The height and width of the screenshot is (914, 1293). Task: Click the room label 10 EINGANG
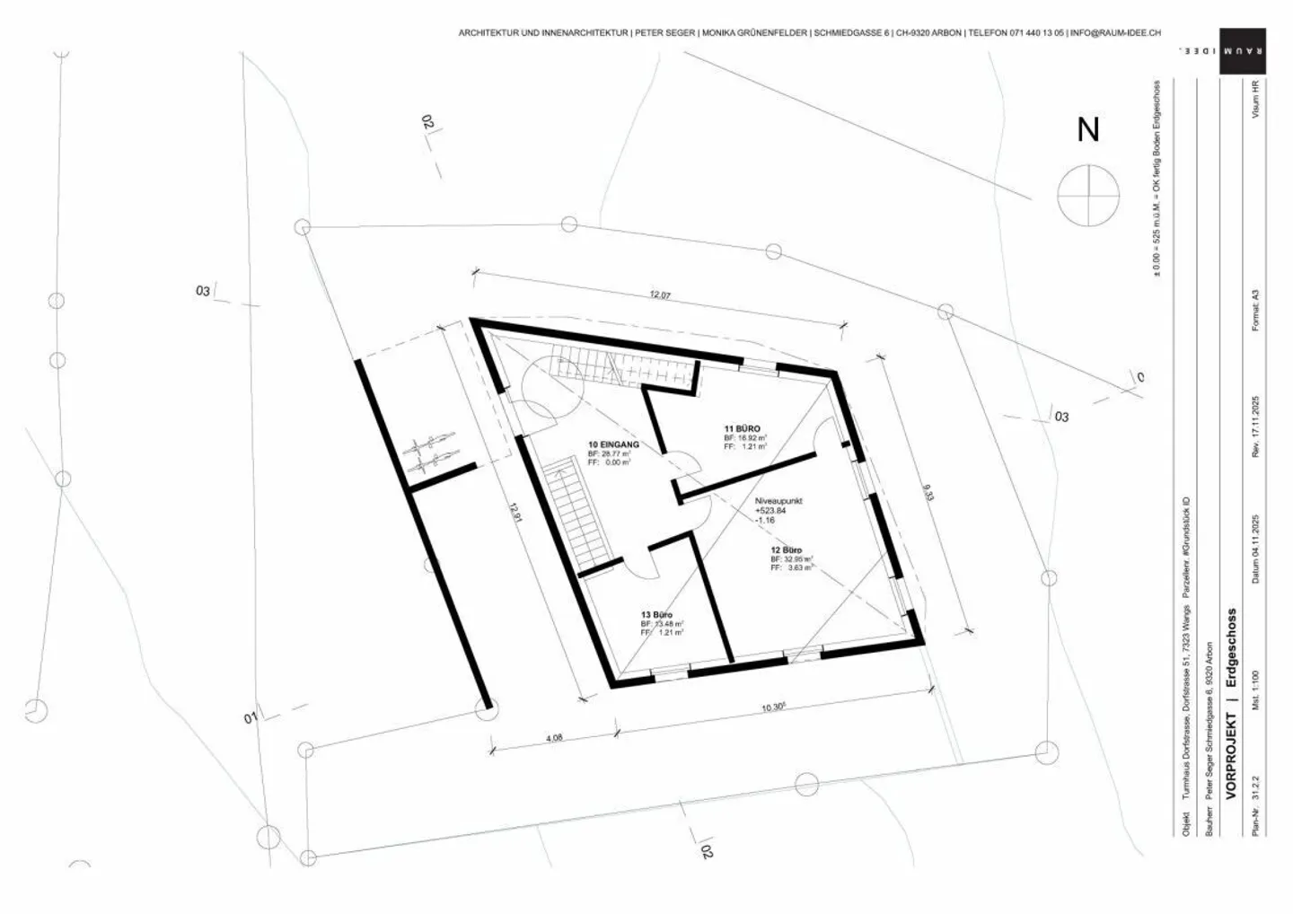pyautogui.click(x=613, y=444)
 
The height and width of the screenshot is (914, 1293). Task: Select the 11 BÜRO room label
pyautogui.click(x=743, y=428)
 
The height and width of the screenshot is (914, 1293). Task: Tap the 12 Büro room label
pyautogui.click(x=786, y=549)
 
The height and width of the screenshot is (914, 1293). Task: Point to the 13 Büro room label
pyautogui.click(x=656, y=615)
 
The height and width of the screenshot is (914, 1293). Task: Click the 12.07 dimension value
pyautogui.click(x=660, y=295)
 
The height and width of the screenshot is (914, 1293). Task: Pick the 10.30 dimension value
pyautogui.click(x=774, y=707)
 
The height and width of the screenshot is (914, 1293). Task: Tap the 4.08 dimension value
pyautogui.click(x=554, y=738)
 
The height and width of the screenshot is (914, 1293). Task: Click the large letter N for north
pyautogui.click(x=1088, y=130)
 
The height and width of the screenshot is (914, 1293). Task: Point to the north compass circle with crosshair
pyautogui.click(x=1088, y=195)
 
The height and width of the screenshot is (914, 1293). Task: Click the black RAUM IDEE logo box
pyautogui.click(x=1243, y=51)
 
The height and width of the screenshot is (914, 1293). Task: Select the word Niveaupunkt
pyautogui.click(x=778, y=501)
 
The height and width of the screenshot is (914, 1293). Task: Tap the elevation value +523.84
pyautogui.click(x=770, y=511)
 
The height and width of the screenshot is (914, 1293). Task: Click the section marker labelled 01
pyautogui.click(x=251, y=718)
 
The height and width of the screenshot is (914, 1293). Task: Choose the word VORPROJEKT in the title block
pyautogui.click(x=1231, y=756)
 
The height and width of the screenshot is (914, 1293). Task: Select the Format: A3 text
pyautogui.click(x=1255, y=310)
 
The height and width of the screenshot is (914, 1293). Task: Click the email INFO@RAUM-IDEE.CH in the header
pyautogui.click(x=1115, y=32)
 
